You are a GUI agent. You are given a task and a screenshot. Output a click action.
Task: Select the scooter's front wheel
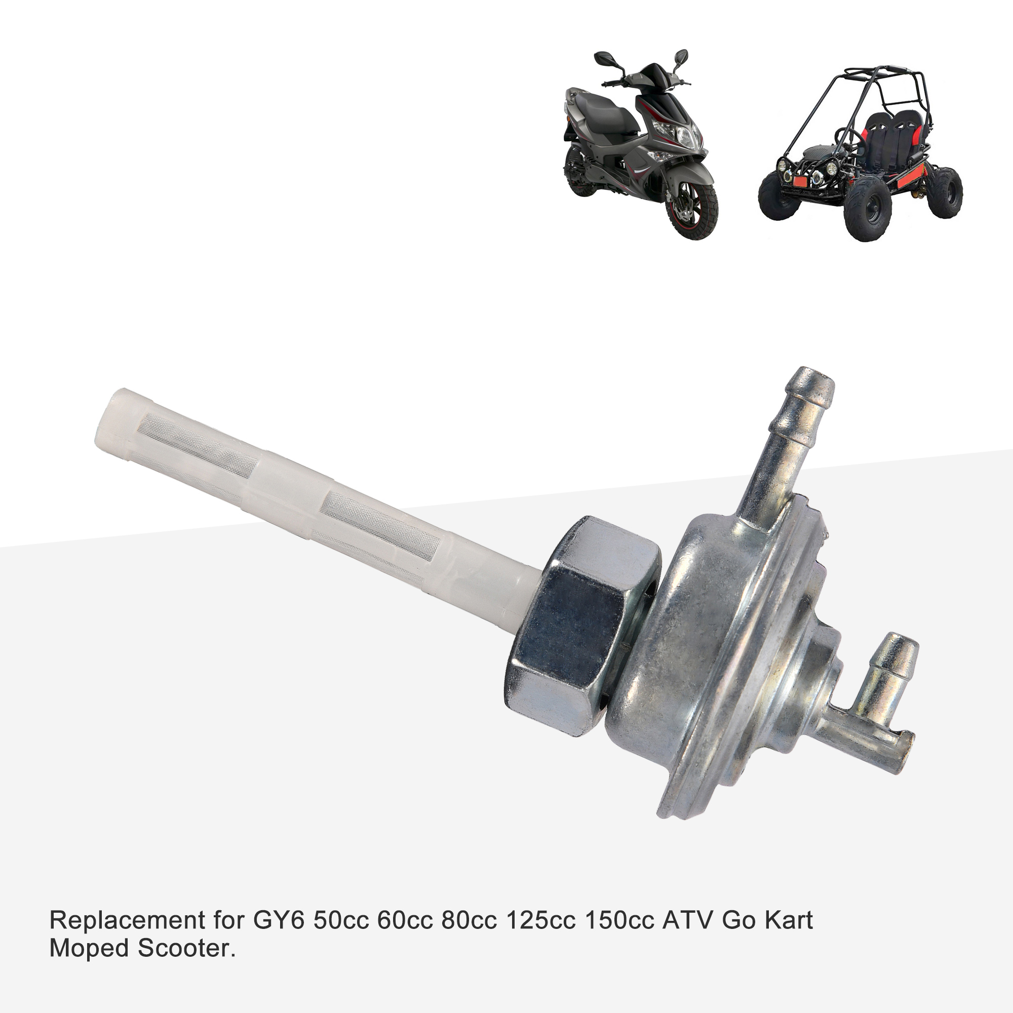pyautogui.click(x=691, y=210)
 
